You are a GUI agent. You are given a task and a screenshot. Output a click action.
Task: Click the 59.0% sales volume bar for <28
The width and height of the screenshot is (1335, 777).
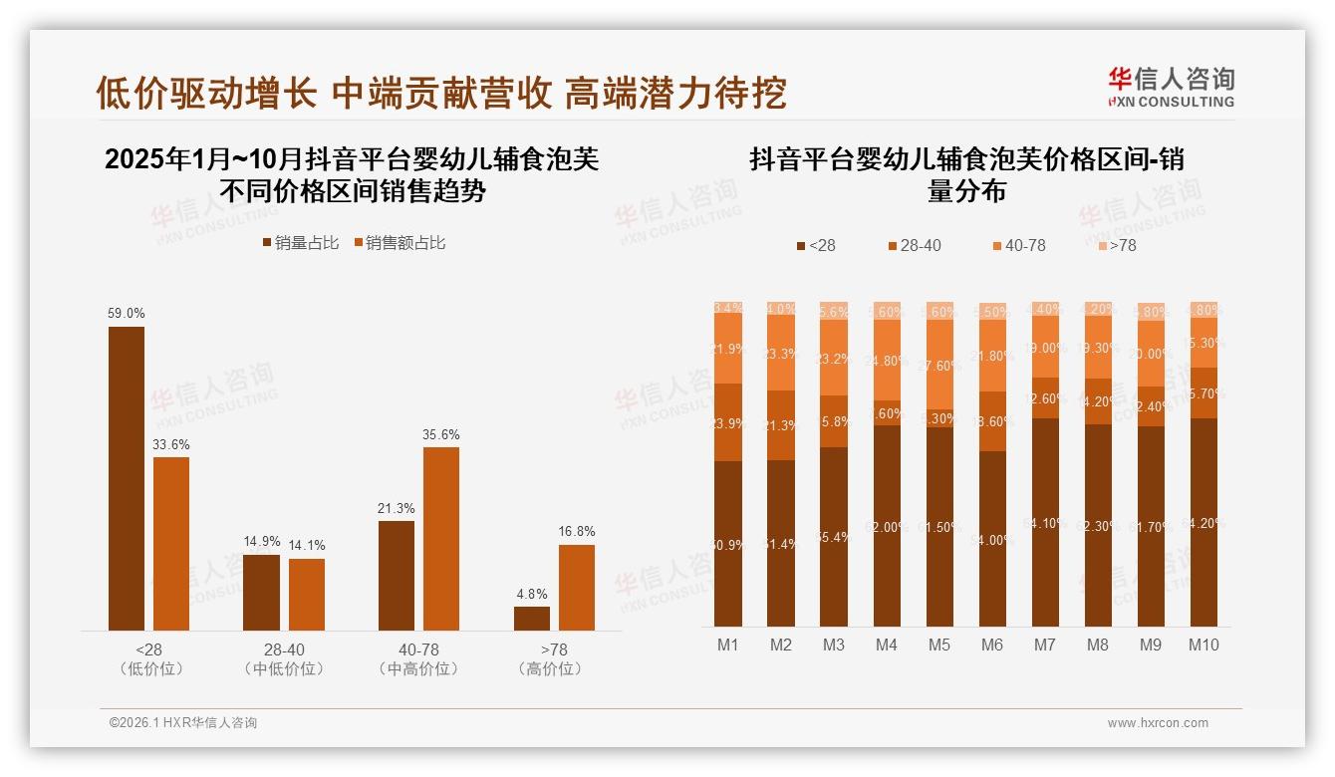(x=127, y=478)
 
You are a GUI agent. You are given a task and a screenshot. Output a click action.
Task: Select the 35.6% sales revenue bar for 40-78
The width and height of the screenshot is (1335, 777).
(x=441, y=538)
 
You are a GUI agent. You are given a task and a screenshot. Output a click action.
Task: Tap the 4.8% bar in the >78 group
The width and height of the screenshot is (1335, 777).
(x=532, y=618)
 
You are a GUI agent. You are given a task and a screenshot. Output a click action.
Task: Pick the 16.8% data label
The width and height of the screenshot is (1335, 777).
(x=577, y=532)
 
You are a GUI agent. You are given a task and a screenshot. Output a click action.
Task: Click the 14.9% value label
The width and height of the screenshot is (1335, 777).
(x=262, y=542)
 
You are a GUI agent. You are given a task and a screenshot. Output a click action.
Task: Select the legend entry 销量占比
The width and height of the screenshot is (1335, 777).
(x=300, y=243)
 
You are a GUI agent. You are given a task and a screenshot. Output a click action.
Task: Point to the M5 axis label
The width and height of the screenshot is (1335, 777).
(x=939, y=645)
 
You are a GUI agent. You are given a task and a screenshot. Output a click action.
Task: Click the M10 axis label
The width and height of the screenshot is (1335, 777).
(x=1203, y=645)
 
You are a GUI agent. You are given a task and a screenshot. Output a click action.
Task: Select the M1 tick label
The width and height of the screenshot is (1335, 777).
(x=728, y=645)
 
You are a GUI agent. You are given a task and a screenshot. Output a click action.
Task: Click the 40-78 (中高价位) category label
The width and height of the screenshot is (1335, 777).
(x=419, y=659)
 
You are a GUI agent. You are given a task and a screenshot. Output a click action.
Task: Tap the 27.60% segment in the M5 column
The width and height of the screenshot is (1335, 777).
(x=939, y=365)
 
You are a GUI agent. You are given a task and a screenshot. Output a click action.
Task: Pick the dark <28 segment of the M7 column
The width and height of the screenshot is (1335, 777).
(x=1045, y=523)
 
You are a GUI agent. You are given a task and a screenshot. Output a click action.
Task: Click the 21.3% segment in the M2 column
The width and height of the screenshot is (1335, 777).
(x=781, y=425)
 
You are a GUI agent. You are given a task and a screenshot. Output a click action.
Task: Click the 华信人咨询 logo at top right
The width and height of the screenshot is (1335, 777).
(x=1171, y=88)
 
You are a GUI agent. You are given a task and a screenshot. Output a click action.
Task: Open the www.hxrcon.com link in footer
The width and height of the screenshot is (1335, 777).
(x=1157, y=723)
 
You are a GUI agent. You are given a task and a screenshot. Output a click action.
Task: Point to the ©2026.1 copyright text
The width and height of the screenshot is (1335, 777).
(x=183, y=723)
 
